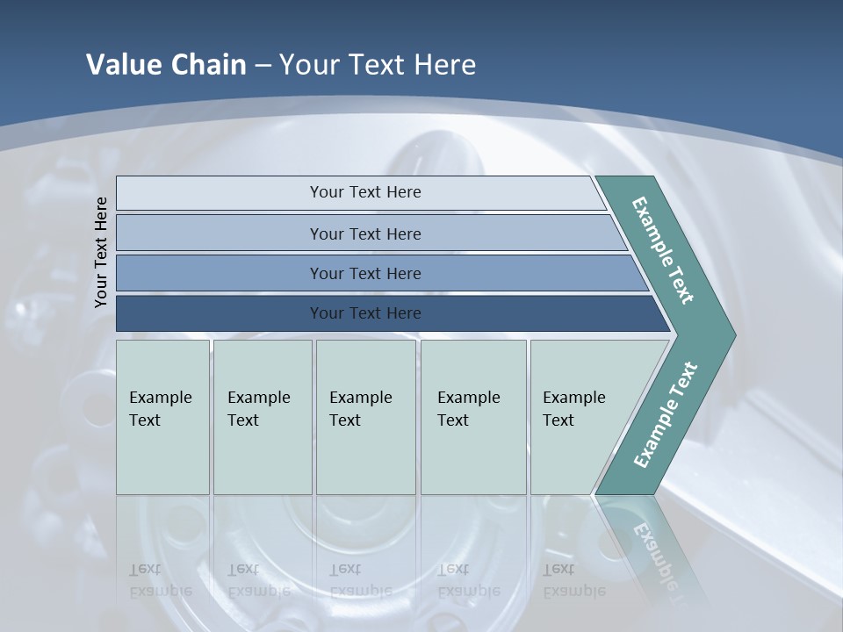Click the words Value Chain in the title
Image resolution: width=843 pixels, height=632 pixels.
click(x=166, y=65)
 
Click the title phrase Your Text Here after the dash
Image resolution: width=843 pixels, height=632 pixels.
click(x=378, y=65)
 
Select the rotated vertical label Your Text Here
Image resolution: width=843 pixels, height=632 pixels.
click(x=101, y=252)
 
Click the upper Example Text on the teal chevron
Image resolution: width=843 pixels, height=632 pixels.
click(x=663, y=250)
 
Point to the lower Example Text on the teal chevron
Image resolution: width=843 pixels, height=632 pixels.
click(x=665, y=415)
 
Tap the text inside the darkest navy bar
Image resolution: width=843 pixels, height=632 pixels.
click(x=365, y=313)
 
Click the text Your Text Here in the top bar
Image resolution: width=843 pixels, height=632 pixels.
click(x=365, y=192)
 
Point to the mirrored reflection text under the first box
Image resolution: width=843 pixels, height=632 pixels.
click(x=160, y=580)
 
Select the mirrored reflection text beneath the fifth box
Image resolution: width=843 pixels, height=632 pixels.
click(x=573, y=580)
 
